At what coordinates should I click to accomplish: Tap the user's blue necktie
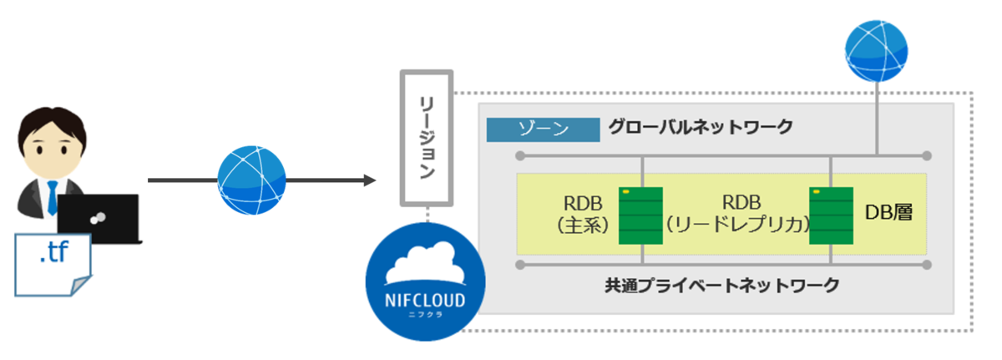pos(52,197)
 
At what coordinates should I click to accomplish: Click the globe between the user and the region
pos(251,180)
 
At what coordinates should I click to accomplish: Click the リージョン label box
pos(427,138)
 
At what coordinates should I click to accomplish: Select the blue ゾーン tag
pos(544,129)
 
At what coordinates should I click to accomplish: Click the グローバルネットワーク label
pos(700,129)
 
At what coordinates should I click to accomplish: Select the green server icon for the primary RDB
pos(640,215)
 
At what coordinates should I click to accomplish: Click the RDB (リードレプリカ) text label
pos(736,214)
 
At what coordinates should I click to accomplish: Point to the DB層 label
pos(888,214)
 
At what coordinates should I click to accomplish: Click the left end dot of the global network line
pos(519,155)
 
